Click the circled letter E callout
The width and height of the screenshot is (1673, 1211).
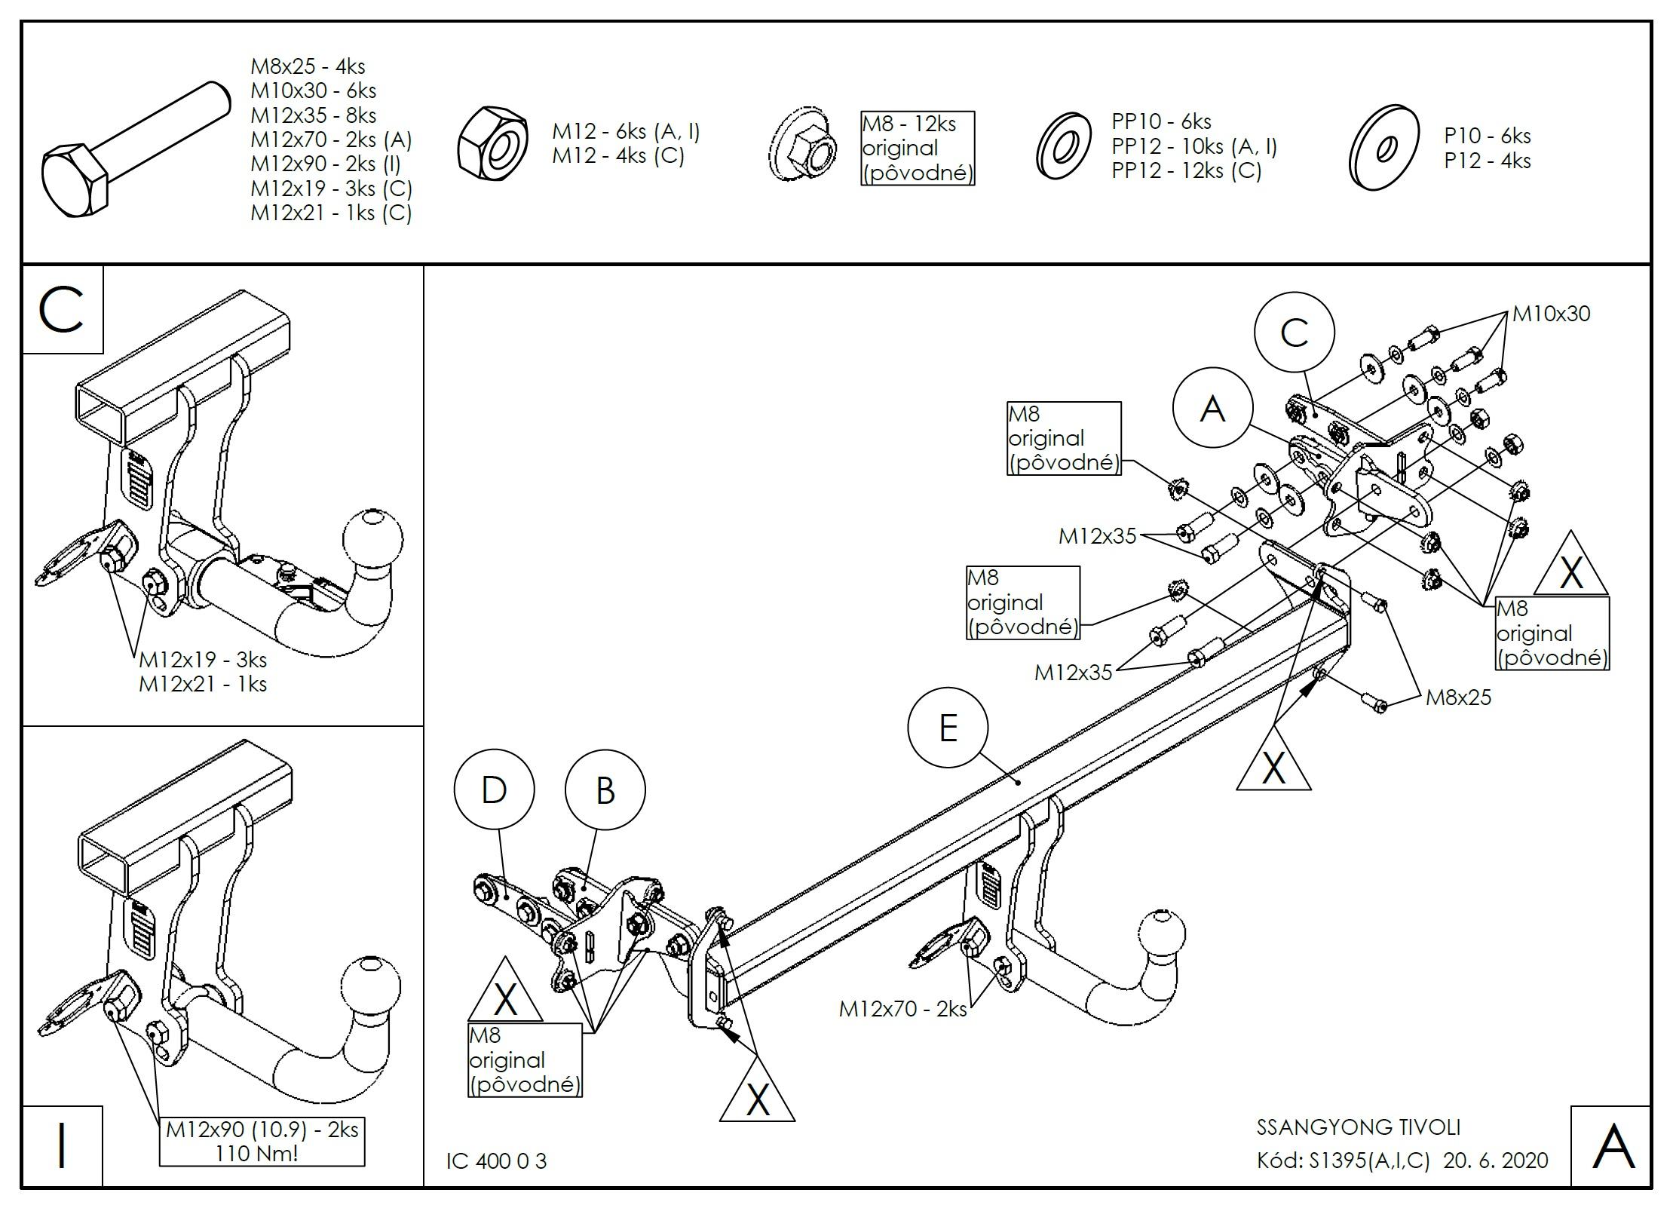pyautogui.click(x=948, y=728)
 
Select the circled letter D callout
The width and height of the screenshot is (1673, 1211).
pyautogui.click(x=494, y=789)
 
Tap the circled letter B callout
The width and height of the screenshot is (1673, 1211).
pyautogui.click(x=605, y=789)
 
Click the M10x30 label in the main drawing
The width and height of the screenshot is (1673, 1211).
pyautogui.click(x=1551, y=314)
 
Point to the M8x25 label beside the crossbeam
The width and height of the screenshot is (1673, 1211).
pyautogui.click(x=1458, y=697)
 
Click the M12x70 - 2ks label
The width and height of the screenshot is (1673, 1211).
pyautogui.click(x=902, y=1008)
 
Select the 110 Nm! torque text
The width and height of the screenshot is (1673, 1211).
pyautogui.click(x=256, y=1153)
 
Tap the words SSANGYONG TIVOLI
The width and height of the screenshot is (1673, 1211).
pyautogui.click(x=1358, y=1127)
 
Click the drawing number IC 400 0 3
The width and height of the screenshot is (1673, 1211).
pyautogui.click(x=496, y=1161)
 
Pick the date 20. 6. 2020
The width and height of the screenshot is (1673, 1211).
pyautogui.click(x=1496, y=1160)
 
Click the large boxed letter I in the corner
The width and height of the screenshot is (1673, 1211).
pyautogui.click(x=62, y=1145)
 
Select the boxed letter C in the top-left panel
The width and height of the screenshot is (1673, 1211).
pyautogui.click(x=62, y=310)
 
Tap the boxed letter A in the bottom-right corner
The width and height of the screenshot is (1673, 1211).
pyautogui.click(x=1612, y=1147)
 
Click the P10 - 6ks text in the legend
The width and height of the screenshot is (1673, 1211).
pyautogui.click(x=1487, y=136)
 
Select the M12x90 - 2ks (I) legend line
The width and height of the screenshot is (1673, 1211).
pyautogui.click(x=326, y=164)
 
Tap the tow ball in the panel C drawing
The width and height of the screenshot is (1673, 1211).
pyautogui.click(x=372, y=540)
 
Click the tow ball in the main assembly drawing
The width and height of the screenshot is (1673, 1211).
pyautogui.click(x=1161, y=937)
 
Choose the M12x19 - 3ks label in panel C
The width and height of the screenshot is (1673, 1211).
pyautogui.click(x=203, y=660)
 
